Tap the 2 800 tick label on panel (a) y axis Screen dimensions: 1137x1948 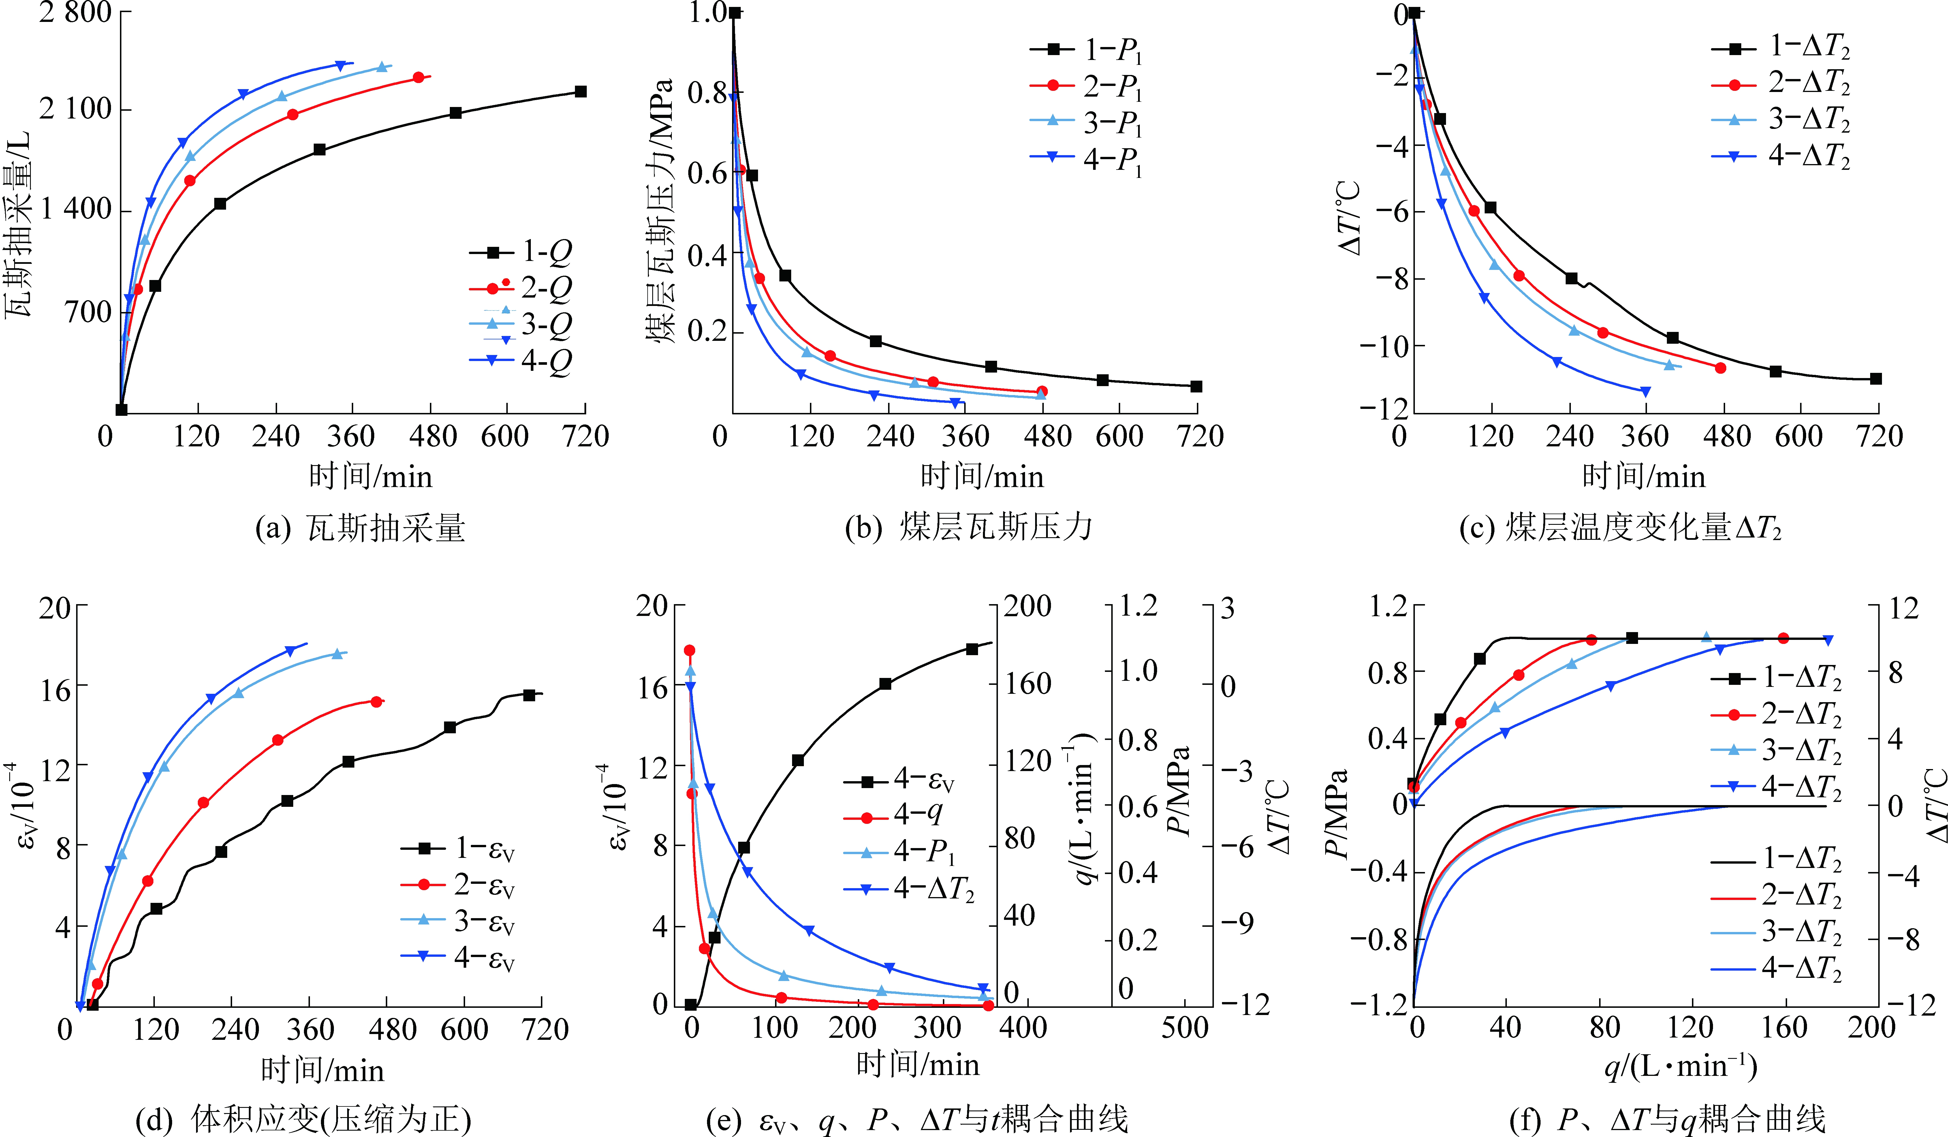(76, 12)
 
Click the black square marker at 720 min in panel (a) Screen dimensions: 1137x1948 (581, 92)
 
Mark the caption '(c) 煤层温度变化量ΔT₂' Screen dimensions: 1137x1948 (1620, 528)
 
